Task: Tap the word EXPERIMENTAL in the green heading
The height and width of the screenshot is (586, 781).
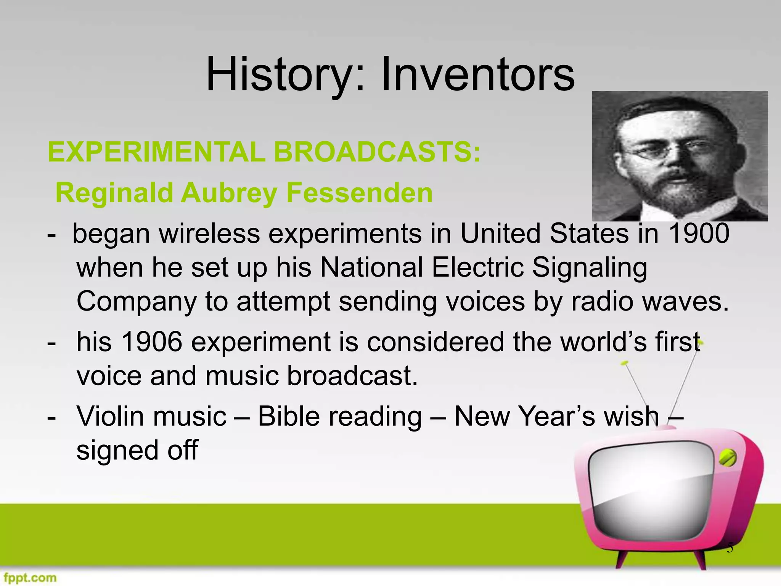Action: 156,152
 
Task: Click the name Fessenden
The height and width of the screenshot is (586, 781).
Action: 359,193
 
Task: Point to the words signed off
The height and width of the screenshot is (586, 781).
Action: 137,450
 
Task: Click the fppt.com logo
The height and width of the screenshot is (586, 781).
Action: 29,578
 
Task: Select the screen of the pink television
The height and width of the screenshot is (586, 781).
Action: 648,492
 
